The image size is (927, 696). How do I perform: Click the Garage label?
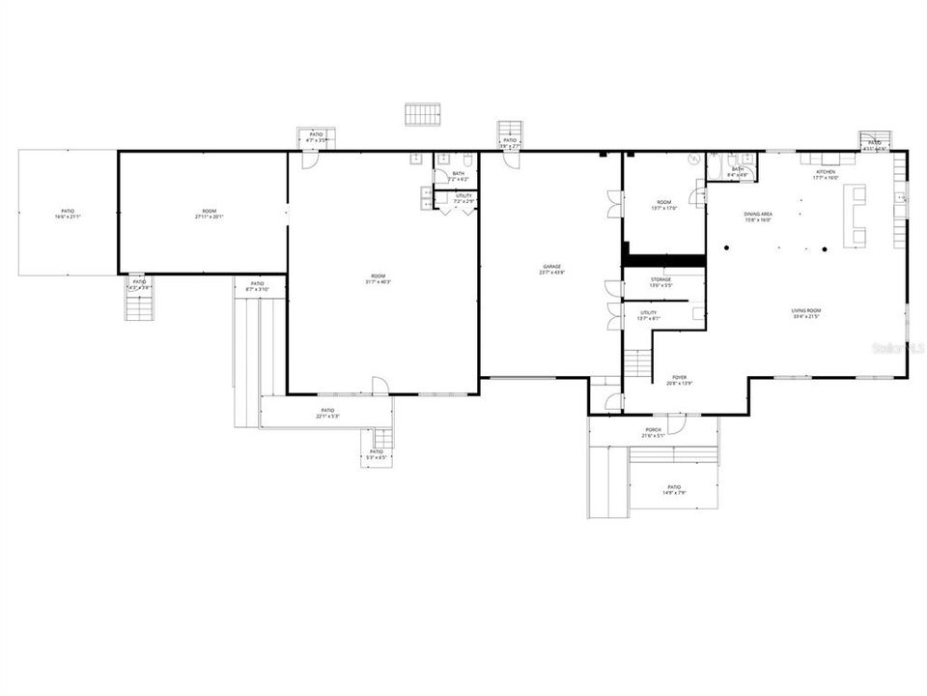(550, 266)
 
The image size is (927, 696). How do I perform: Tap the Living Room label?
(805, 309)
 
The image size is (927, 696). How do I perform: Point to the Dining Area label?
(758, 214)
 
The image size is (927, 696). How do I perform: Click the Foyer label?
(680, 377)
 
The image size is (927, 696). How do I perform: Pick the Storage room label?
(660, 279)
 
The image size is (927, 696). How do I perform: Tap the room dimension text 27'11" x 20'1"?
(210, 217)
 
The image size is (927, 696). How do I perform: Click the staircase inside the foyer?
(637, 364)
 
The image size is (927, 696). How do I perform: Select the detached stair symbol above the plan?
(422, 114)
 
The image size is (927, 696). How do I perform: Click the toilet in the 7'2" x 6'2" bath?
(466, 159)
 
